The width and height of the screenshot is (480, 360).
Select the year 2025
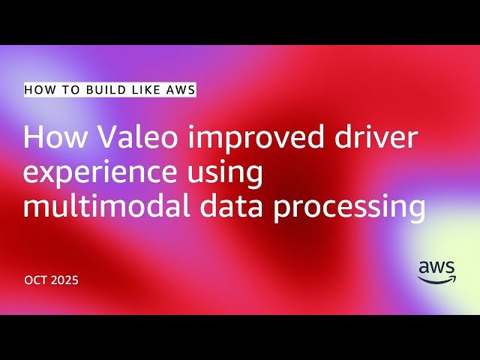point(65,280)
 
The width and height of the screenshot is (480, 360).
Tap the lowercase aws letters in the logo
point(436,267)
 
